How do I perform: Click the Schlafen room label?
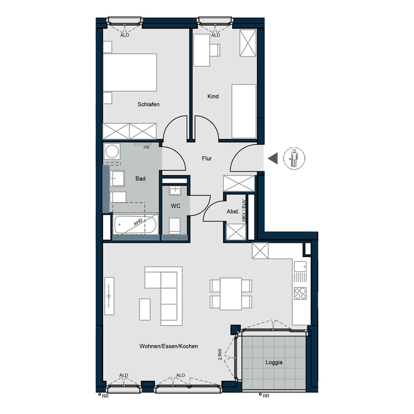(x=148, y=104)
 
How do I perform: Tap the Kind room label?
(x=213, y=96)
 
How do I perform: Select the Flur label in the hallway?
(x=207, y=158)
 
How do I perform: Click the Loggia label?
(x=274, y=362)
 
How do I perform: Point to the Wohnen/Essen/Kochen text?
(x=169, y=346)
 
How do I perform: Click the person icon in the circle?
(x=294, y=158)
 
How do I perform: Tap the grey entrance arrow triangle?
(x=273, y=158)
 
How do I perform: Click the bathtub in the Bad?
(x=135, y=225)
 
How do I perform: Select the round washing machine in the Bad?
(x=112, y=151)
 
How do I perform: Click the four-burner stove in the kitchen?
(x=301, y=293)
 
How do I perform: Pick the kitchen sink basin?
(x=301, y=267)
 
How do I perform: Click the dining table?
(x=231, y=294)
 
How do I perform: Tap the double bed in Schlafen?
(x=130, y=72)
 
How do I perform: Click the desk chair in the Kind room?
(x=215, y=50)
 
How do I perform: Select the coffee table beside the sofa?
(x=145, y=310)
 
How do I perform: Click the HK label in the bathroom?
(x=147, y=147)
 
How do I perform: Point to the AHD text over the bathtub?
(x=138, y=222)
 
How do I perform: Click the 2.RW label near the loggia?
(x=220, y=354)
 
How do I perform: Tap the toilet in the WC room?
(x=175, y=226)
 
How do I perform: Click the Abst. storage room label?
(x=233, y=211)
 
